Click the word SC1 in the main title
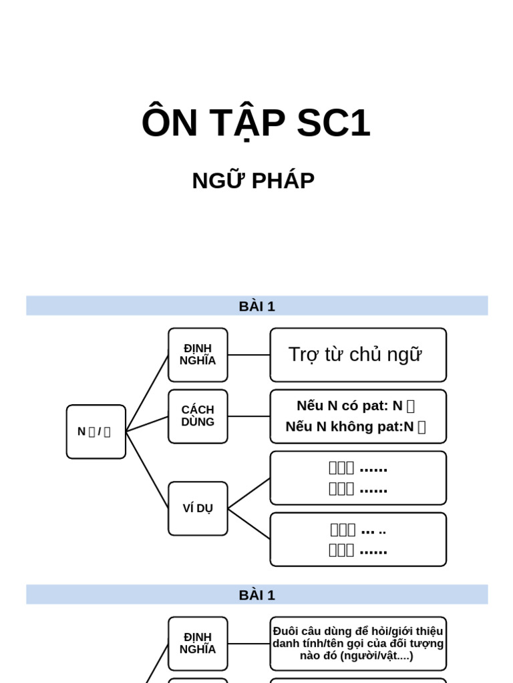click(333, 123)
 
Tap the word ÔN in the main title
click(170, 123)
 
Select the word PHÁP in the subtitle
click(284, 181)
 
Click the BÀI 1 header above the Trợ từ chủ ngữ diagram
click(256, 306)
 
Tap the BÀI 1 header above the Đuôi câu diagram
click(256, 595)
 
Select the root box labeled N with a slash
click(96, 432)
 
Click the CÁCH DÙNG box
click(198, 416)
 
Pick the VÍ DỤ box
click(198, 508)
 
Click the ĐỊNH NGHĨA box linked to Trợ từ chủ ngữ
click(198, 355)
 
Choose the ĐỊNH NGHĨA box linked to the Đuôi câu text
click(198, 643)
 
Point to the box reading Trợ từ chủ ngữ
click(357, 355)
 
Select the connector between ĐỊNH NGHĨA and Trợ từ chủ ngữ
click(248, 355)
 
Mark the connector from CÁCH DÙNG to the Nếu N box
click(248, 416)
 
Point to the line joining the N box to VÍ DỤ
click(147, 470)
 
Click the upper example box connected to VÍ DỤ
click(357, 478)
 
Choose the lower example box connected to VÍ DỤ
click(357, 539)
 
